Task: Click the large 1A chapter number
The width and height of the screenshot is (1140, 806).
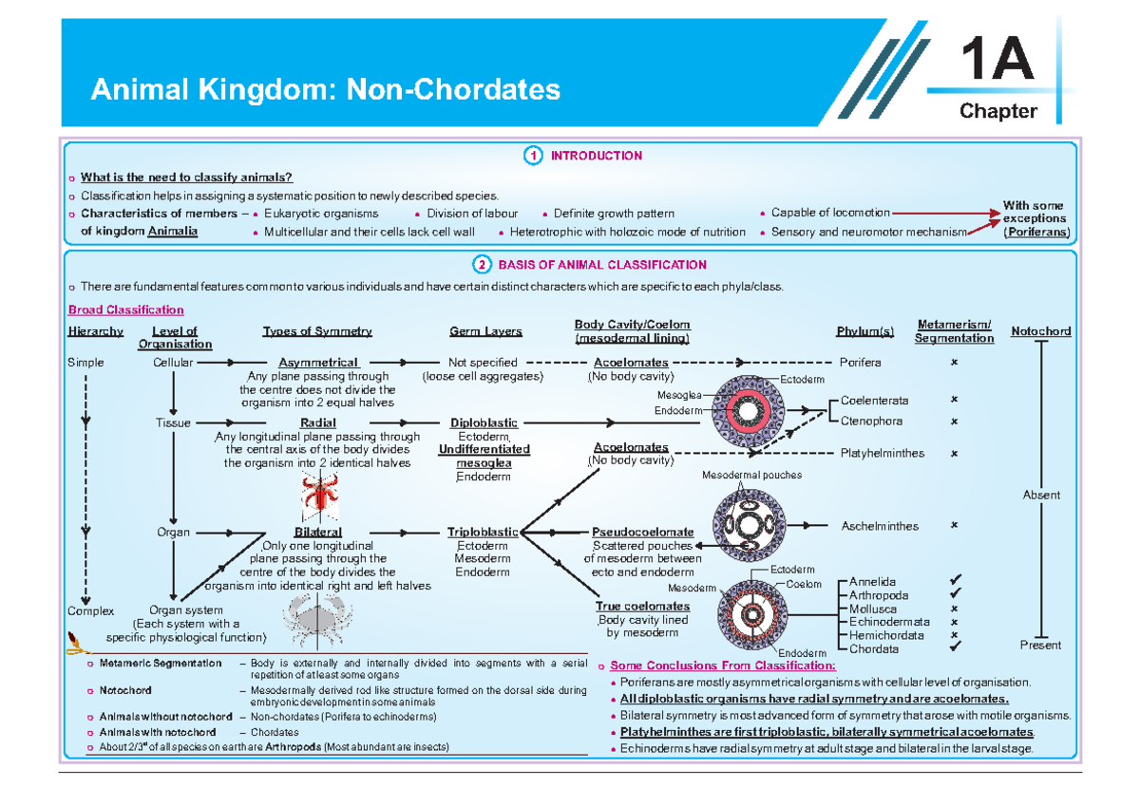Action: [997, 62]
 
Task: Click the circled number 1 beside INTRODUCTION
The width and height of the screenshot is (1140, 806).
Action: [535, 156]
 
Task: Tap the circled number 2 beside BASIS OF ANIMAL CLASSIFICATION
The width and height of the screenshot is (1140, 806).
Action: [483, 265]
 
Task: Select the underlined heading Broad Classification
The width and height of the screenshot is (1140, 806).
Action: [125, 310]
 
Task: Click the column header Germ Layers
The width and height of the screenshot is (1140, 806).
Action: [485, 331]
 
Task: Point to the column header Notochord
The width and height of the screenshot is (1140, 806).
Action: [1040, 331]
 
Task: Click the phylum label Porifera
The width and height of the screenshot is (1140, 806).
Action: [861, 363]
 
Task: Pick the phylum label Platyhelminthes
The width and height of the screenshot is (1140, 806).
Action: [883, 453]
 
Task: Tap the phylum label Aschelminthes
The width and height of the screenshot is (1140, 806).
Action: [880, 526]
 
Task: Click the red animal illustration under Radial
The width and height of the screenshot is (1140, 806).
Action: [315, 495]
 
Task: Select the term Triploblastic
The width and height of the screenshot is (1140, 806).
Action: [483, 533]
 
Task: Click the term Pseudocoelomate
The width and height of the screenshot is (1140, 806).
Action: [643, 533]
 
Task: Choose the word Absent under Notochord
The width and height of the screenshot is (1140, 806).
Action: [1041, 495]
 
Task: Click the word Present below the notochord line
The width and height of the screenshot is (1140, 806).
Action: [1041, 646]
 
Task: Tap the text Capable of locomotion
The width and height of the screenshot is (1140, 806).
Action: [830, 213]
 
